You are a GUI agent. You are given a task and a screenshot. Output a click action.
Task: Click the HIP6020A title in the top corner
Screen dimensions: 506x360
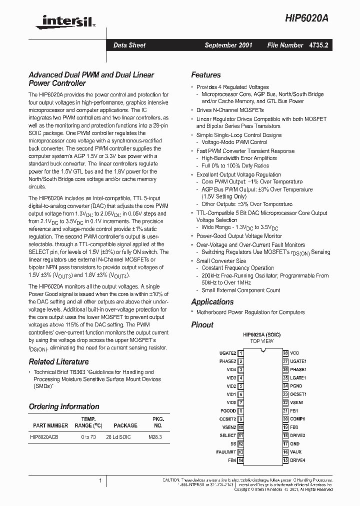click(x=309, y=17)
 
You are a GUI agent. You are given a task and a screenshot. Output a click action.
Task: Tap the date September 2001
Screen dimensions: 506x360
click(x=228, y=45)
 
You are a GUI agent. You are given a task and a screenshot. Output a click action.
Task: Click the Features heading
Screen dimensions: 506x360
click(x=205, y=75)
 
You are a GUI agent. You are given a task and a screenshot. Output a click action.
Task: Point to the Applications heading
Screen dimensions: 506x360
click(x=212, y=301)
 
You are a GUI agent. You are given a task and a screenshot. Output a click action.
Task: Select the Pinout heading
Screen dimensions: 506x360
click(x=202, y=324)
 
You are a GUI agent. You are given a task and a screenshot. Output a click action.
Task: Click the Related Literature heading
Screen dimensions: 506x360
click(x=58, y=361)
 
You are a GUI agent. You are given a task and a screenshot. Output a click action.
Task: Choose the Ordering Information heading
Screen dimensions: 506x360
click(x=64, y=406)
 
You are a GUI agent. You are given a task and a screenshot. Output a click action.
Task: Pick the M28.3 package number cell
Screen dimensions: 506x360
click(x=155, y=437)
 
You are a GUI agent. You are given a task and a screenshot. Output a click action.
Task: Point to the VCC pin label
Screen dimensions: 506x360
click(x=295, y=353)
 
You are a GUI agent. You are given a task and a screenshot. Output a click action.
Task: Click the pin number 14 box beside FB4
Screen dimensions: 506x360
click(x=240, y=460)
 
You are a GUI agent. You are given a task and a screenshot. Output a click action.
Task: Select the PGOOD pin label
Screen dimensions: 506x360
click(x=227, y=410)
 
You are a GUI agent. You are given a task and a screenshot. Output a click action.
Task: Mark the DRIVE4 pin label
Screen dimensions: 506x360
click(x=297, y=460)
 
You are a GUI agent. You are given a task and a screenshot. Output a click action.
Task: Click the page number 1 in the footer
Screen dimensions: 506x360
click(x=100, y=480)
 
